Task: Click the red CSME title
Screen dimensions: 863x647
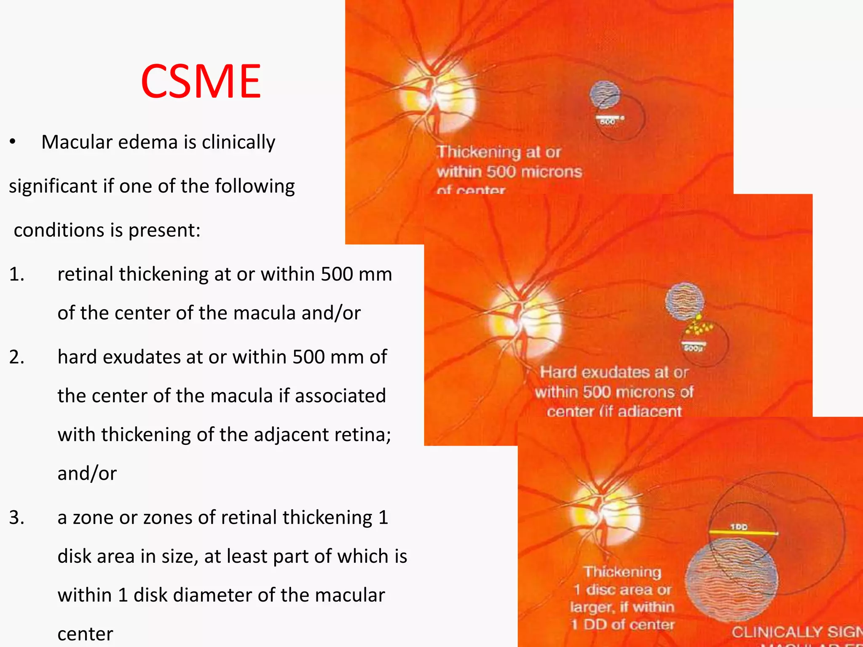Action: (x=201, y=81)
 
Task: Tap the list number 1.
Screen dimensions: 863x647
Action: (x=17, y=275)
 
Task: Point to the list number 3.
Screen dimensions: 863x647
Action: (x=17, y=518)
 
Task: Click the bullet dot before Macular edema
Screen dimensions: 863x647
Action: (x=13, y=142)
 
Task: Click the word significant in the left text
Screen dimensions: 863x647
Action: (x=53, y=186)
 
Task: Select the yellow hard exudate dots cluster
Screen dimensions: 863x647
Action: (x=698, y=326)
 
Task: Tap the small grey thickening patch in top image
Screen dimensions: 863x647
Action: (x=605, y=94)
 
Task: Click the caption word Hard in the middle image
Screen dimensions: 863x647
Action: (x=559, y=372)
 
